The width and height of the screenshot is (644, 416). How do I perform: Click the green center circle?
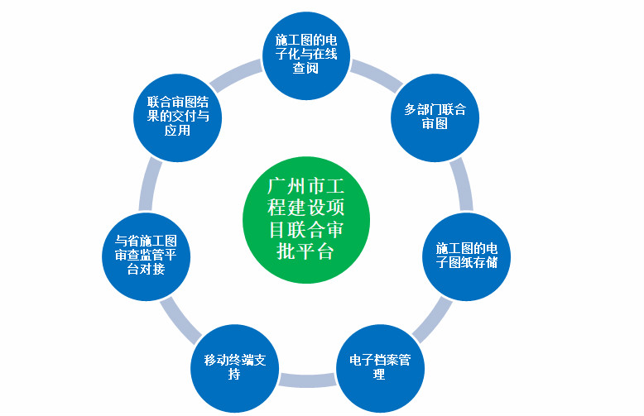click(x=306, y=220)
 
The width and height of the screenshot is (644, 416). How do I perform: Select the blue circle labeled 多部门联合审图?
click(x=435, y=117)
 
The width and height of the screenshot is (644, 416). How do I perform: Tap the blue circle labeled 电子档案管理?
click(x=380, y=368)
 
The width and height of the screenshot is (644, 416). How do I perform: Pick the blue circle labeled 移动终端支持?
click(x=235, y=368)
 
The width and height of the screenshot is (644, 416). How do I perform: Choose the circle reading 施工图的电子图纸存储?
click(x=467, y=257)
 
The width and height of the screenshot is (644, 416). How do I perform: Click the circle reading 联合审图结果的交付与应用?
click(x=178, y=117)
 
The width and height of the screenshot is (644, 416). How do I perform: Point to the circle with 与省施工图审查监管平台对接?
click(x=147, y=257)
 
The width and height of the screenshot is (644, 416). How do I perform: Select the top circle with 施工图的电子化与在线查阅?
click(x=306, y=55)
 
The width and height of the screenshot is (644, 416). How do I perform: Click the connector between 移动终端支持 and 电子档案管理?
click(x=308, y=380)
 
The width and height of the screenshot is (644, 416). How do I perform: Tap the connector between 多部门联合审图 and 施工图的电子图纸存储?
click(x=462, y=184)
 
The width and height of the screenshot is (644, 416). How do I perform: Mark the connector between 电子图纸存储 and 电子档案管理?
click(x=432, y=319)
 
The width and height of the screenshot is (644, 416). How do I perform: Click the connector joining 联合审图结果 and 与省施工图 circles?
click(x=151, y=184)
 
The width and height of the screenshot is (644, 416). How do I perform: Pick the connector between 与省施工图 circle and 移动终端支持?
click(x=180, y=320)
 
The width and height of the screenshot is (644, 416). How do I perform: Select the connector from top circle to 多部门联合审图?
click(x=376, y=76)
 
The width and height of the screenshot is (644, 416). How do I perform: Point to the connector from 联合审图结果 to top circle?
click(x=236, y=75)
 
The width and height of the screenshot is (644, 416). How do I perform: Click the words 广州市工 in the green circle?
click(x=306, y=186)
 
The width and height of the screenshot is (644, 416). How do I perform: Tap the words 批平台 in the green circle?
click(x=305, y=251)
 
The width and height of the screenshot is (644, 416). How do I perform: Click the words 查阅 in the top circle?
click(x=305, y=68)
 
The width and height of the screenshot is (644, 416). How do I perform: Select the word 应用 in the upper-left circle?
click(x=177, y=130)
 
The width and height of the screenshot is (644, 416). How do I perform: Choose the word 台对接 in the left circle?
click(x=146, y=269)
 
